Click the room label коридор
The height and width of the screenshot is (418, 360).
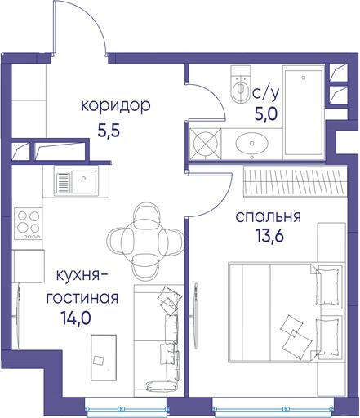point(116,106)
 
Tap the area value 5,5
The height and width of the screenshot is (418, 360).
point(109,131)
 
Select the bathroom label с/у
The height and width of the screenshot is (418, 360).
point(266,93)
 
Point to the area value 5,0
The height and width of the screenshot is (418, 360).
point(266,113)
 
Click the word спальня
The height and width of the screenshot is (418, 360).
point(269,217)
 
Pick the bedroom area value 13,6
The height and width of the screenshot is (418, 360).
point(269,236)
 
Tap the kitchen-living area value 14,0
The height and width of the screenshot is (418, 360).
point(76,318)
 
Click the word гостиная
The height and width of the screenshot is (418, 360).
point(82,298)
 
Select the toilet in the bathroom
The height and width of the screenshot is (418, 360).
point(240,84)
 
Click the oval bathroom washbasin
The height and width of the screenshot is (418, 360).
point(251,143)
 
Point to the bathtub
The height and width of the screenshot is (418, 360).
point(304,113)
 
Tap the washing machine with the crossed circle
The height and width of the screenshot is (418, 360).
point(206,144)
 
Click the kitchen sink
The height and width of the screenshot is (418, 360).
point(76,181)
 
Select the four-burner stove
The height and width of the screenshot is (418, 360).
point(29,224)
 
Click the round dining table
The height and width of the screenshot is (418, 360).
point(145,241)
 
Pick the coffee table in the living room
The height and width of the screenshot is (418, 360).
point(104,358)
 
